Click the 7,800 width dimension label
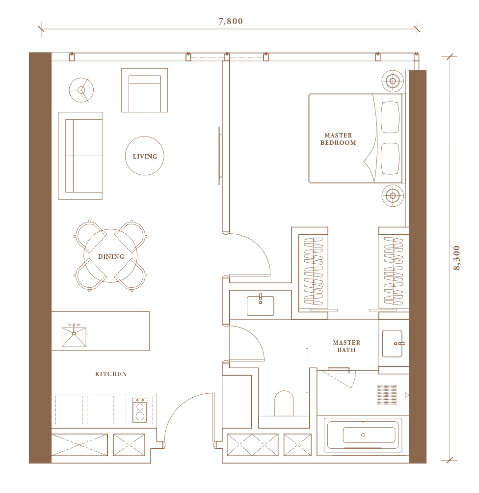(230, 22)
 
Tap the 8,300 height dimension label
(457, 258)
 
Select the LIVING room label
(145, 156)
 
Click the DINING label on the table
(111, 256)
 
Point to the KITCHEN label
(111, 374)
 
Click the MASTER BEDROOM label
(338, 139)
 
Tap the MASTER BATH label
(346, 346)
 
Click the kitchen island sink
(74, 336)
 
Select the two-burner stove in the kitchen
(139, 410)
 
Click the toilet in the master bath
(284, 404)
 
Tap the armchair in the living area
(145, 90)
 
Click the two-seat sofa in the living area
(80, 156)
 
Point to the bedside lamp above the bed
(393, 81)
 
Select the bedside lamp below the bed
(393, 195)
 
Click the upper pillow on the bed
(390, 117)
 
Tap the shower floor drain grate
(387, 395)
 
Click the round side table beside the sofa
(81, 90)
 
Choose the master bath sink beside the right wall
(393, 344)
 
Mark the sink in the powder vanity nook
(260, 305)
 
